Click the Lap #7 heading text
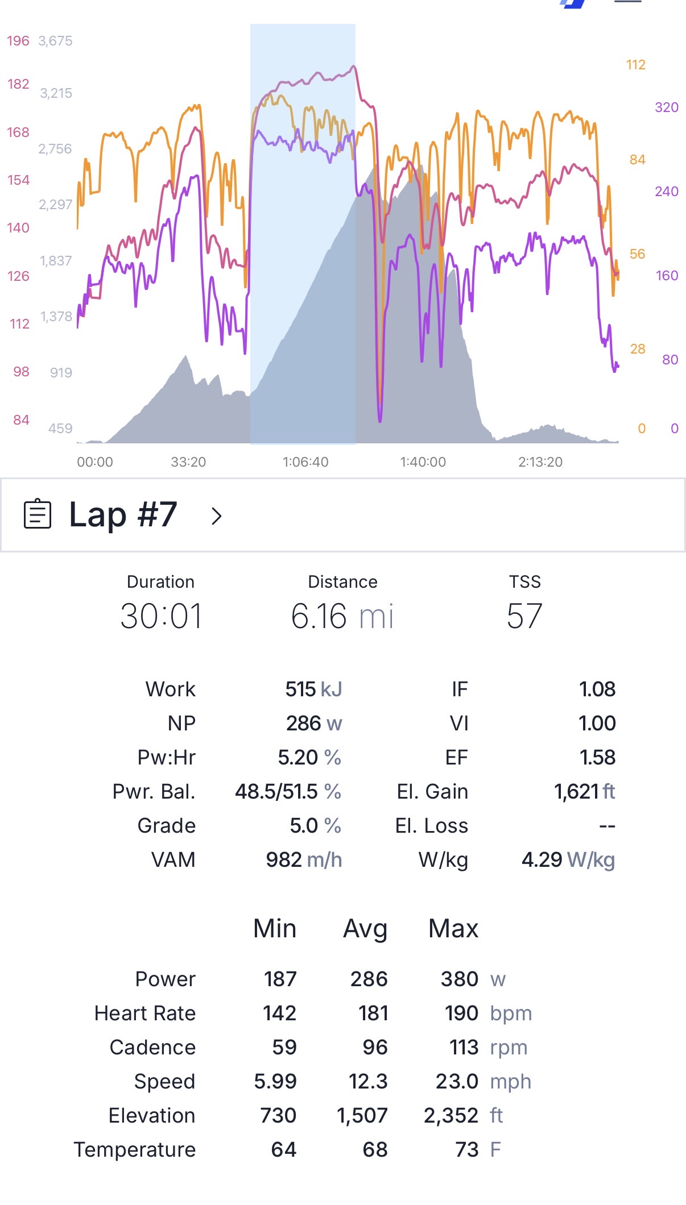(123, 514)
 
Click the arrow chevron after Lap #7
(216, 516)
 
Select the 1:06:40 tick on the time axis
(305, 462)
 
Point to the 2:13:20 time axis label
(540, 462)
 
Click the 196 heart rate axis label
(18, 41)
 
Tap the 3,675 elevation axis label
(55, 41)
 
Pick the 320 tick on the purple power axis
(667, 107)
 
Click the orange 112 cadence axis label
(636, 65)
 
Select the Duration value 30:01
(161, 616)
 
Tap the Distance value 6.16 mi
(342, 616)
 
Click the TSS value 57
(524, 616)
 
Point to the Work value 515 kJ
(313, 689)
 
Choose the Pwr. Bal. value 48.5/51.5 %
(288, 791)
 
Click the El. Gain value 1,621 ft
(585, 791)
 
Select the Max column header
(453, 928)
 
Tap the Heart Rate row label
(145, 1013)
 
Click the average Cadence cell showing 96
(375, 1047)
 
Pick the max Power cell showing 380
(459, 979)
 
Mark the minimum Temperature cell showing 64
(283, 1149)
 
